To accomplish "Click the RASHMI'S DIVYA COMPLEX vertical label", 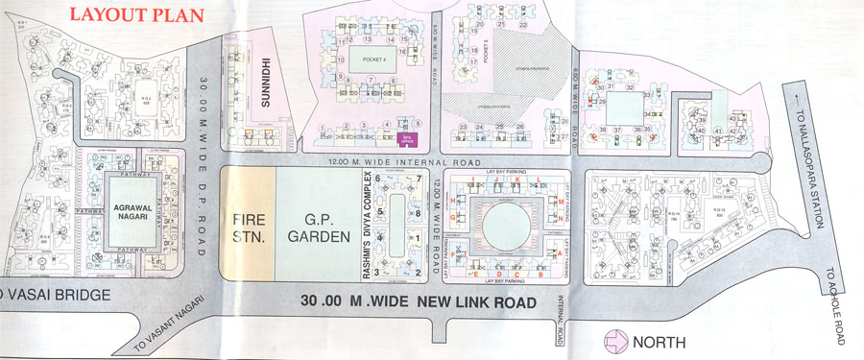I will (x=368, y=228).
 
